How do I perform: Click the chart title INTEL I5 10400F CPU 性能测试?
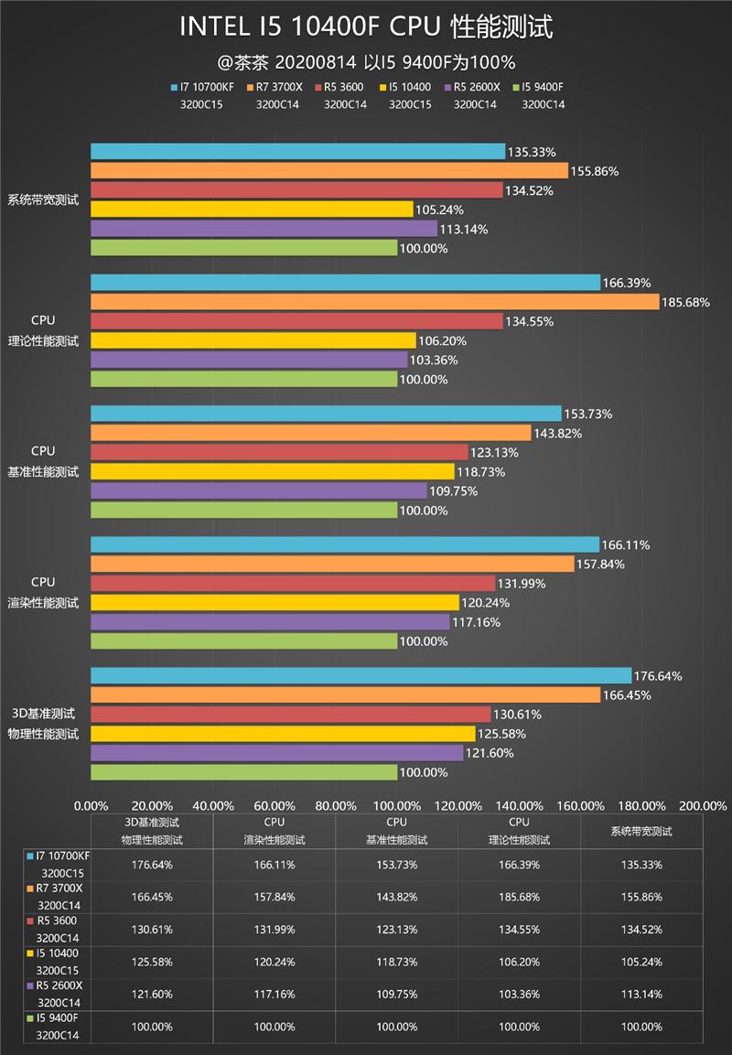(x=366, y=27)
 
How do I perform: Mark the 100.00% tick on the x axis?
(x=397, y=805)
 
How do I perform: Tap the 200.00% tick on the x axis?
(x=704, y=805)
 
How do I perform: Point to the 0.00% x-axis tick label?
(x=90, y=805)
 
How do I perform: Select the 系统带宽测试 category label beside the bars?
(x=44, y=199)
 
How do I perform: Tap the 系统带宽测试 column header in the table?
(x=641, y=831)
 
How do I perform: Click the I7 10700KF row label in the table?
(x=63, y=864)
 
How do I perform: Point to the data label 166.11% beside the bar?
(x=627, y=544)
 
